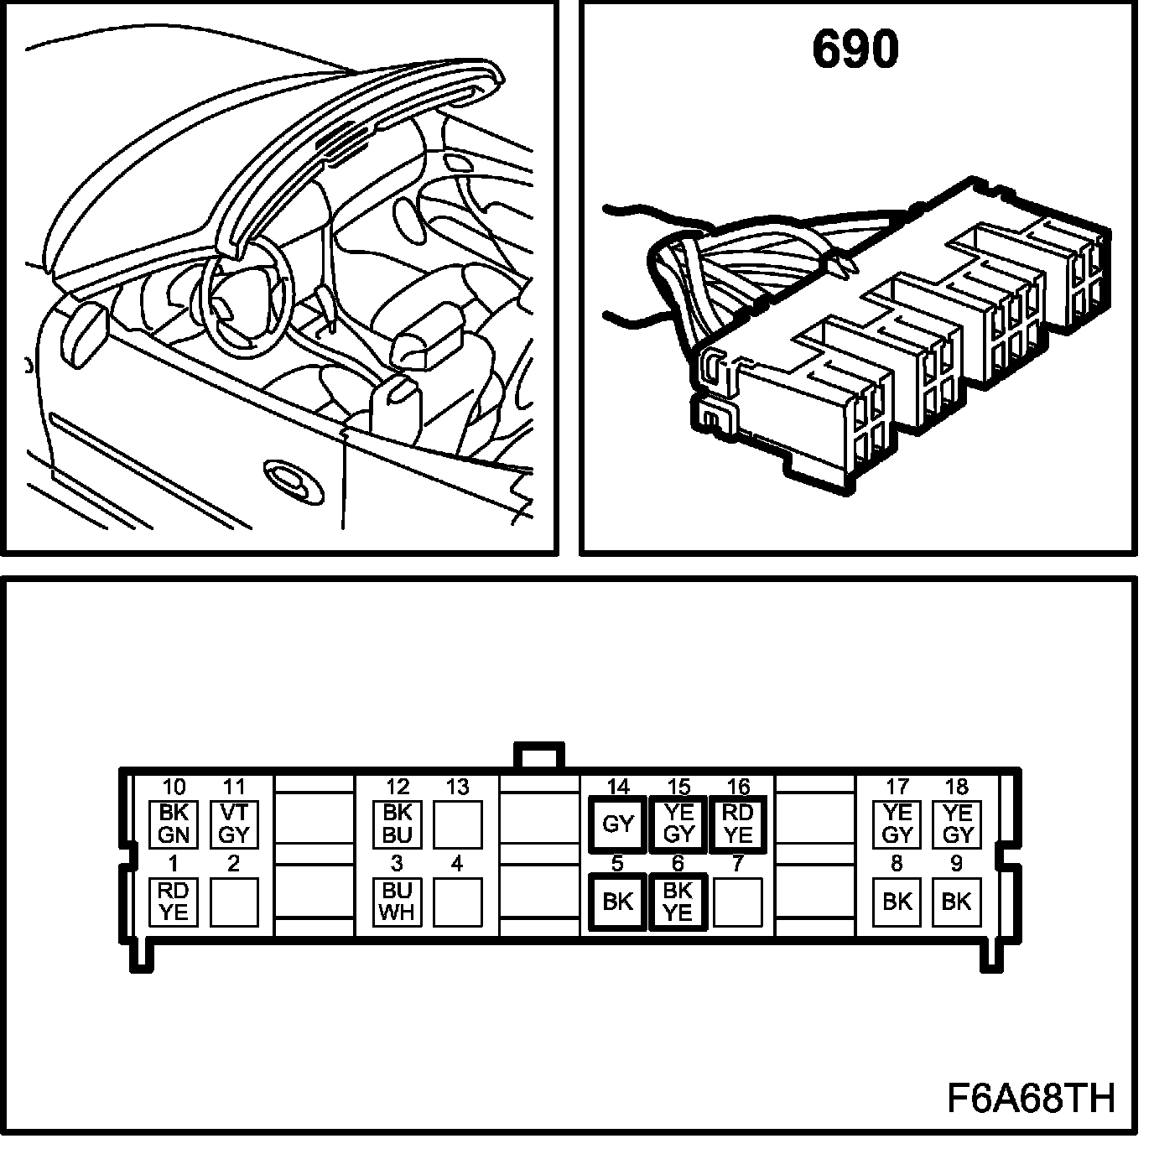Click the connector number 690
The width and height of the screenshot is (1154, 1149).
[855, 49]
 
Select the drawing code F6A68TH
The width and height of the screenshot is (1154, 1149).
[1031, 1098]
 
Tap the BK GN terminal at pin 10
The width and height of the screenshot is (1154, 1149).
[173, 824]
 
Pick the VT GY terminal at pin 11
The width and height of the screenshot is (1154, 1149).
[233, 824]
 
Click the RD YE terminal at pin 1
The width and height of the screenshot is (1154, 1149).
[173, 902]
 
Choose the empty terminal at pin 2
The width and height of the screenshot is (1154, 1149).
[233, 902]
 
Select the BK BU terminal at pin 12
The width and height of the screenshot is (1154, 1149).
[397, 824]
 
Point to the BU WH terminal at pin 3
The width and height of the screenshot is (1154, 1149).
[397, 902]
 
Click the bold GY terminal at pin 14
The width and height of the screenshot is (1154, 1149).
[617, 824]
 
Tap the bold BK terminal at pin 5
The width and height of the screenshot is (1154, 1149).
[617, 902]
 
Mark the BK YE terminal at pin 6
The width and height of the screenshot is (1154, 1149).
[678, 902]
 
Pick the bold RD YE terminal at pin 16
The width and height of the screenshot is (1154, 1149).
[738, 824]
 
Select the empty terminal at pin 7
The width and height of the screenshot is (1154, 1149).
[738, 902]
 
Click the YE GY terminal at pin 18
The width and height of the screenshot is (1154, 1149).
[957, 824]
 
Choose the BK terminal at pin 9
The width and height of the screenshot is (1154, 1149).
[957, 902]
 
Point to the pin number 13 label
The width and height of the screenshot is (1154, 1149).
[457, 788]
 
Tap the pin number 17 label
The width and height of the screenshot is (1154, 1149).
[897, 788]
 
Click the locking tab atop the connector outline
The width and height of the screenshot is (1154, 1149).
[538, 755]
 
